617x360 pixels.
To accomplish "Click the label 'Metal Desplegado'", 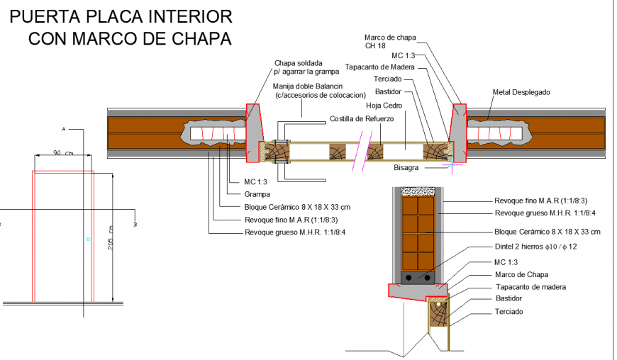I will point(521,92).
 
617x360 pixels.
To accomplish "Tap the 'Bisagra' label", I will point(407,168).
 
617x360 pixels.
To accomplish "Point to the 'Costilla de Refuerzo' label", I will point(361,119).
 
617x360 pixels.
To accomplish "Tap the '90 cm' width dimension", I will point(64,152).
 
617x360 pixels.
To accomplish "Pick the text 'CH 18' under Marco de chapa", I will point(375,46).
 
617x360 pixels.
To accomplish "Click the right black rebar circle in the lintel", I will point(428,277).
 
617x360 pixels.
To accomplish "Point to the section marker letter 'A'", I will point(63,130).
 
